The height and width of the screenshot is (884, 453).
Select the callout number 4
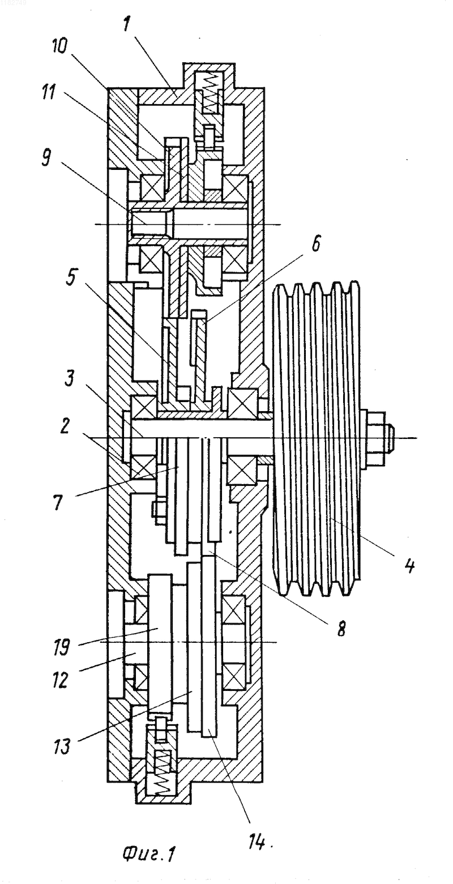[x=409, y=565]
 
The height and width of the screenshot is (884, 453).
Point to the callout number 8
[x=341, y=628]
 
